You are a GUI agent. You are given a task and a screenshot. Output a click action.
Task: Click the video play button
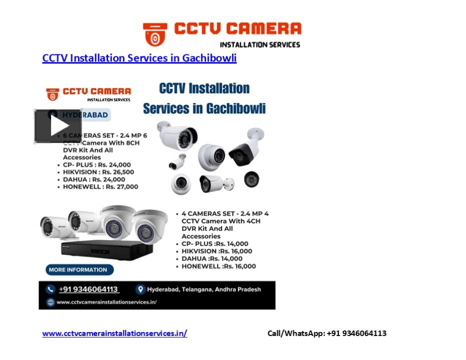[58, 126]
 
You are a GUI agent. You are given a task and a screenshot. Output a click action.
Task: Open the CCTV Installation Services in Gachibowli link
[139, 58]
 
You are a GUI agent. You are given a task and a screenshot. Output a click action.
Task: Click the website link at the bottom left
[115, 333]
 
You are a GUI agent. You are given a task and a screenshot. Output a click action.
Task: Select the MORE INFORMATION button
[78, 270]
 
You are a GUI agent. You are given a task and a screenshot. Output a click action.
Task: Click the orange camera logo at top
[155, 34]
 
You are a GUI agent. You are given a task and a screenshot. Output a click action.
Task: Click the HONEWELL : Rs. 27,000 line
[100, 187]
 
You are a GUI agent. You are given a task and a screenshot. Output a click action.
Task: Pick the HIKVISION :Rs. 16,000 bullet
[217, 251]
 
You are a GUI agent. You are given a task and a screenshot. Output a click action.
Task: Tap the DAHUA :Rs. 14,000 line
[212, 259]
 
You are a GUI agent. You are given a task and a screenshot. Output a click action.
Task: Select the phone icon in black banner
[50, 289]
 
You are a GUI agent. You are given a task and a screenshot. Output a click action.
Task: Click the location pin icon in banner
[141, 289]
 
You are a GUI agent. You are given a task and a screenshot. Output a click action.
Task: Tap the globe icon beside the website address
[50, 302]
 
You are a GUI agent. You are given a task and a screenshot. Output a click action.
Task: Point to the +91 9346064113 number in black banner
[89, 289]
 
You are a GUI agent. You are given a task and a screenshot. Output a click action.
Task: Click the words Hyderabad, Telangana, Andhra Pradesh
[204, 289]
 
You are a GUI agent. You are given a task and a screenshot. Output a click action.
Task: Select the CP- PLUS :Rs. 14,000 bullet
[215, 244]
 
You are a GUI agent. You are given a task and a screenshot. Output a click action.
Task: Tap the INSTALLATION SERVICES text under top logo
[260, 44]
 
